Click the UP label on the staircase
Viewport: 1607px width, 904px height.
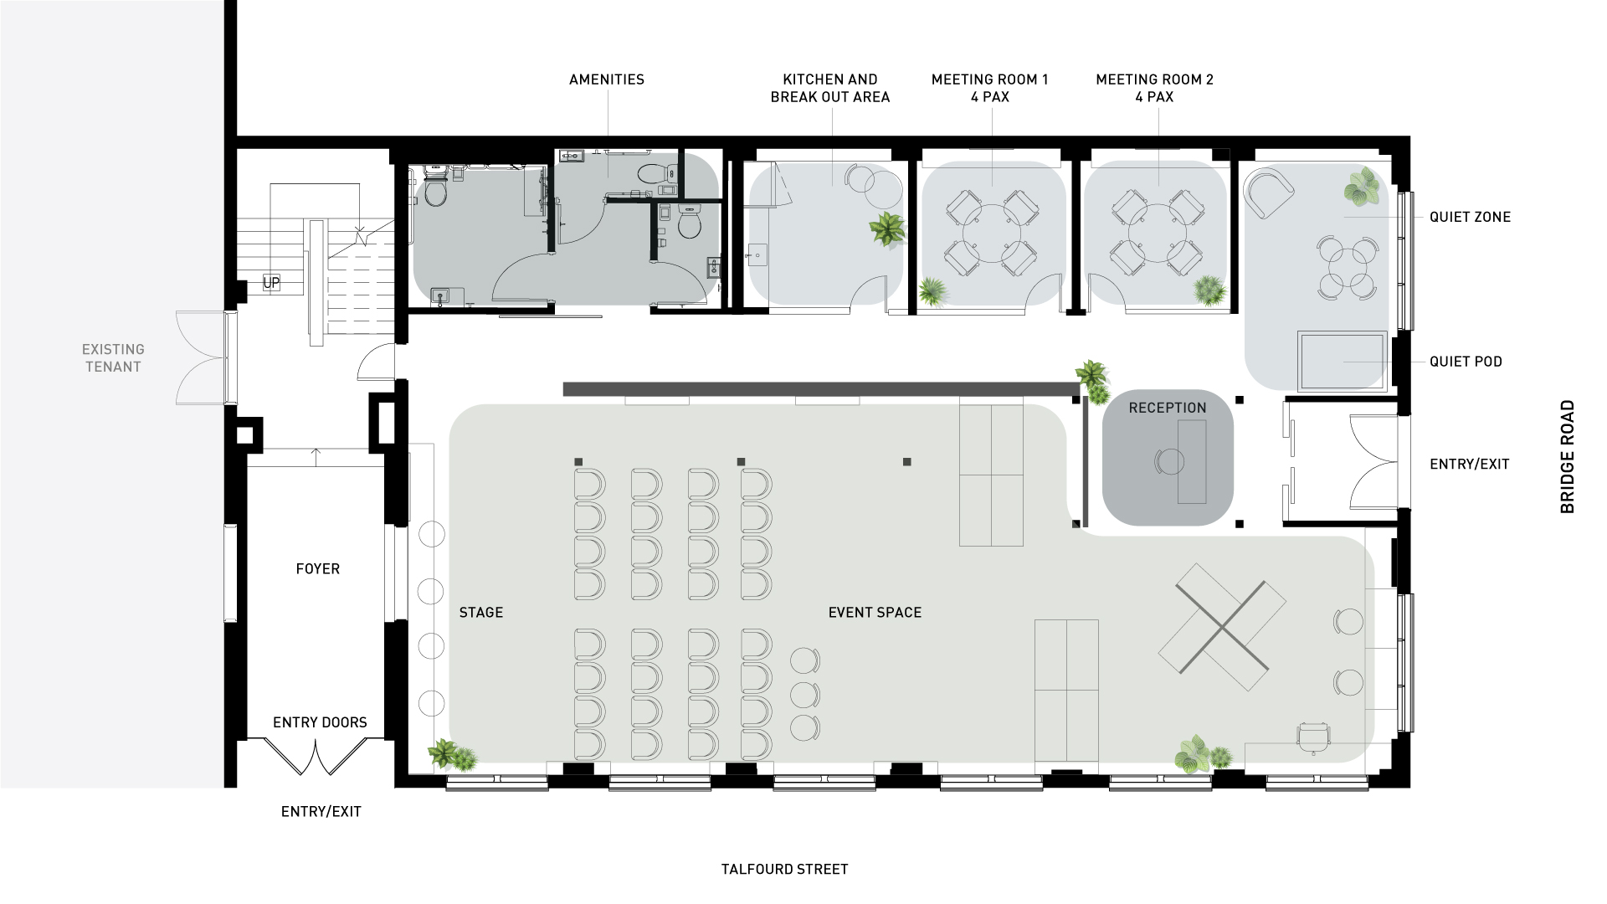pos(271,283)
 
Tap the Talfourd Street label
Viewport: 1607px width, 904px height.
pos(785,869)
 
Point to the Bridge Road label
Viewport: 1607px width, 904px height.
pos(1568,456)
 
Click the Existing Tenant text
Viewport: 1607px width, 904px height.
pos(113,357)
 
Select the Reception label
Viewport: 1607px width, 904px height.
pos(1168,408)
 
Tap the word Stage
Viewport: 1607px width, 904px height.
pos(481,613)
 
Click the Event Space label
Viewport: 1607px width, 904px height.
pos(875,613)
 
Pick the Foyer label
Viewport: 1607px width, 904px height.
pos(318,569)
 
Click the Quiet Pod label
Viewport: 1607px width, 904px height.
pos(1466,362)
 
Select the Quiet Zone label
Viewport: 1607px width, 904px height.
pos(1470,217)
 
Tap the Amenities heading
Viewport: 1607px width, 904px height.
pos(607,80)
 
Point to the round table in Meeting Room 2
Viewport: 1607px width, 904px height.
pos(1158,234)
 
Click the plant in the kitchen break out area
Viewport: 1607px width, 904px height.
pos(887,228)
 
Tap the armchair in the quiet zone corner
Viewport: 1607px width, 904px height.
pos(1268,193)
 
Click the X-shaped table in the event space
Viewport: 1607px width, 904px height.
pos(1223,627)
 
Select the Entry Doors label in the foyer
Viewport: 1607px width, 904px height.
pos(320,722)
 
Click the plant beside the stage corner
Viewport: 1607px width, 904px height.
pos(452,756)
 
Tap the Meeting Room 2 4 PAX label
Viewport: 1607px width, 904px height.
pos(1154,88)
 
